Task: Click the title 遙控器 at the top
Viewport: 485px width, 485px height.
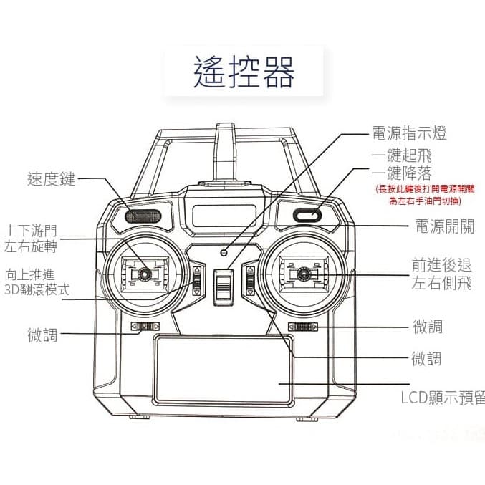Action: (x=244, y=72)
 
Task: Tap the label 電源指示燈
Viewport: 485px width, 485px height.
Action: (x=408, y=133)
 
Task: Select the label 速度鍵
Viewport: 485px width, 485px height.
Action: (x=51, y=179)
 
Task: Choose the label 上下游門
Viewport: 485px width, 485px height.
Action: (x=31, y=231)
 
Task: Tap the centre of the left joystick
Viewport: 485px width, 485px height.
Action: (x=144, y=274)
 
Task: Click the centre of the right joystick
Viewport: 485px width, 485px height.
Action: (x=303, y=273)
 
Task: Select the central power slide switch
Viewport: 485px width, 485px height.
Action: (x=224, y=286)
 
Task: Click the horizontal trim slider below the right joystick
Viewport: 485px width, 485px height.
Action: (x=302, y=327)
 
